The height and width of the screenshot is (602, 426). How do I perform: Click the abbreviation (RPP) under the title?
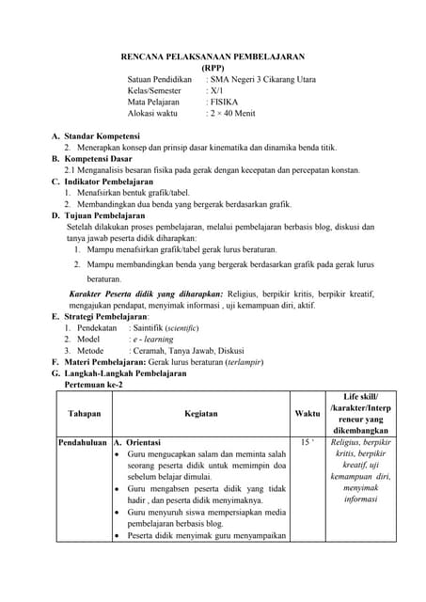tap(213, 69)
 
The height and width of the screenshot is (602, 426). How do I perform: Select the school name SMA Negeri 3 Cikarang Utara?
tap(264, 80)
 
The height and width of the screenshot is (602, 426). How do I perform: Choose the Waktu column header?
tap(307, 413)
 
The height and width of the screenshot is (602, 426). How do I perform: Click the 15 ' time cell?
tap(307, 442)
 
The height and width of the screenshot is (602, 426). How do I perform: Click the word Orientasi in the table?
tap(143, 442)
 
